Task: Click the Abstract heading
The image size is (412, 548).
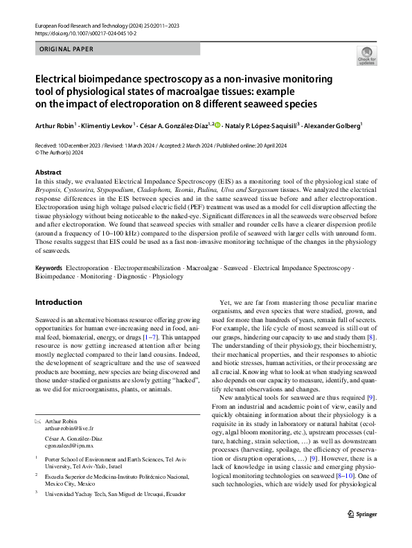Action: (48, 172)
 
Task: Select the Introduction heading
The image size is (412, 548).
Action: (58, 303)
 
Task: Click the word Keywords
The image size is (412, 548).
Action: (50, 267)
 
